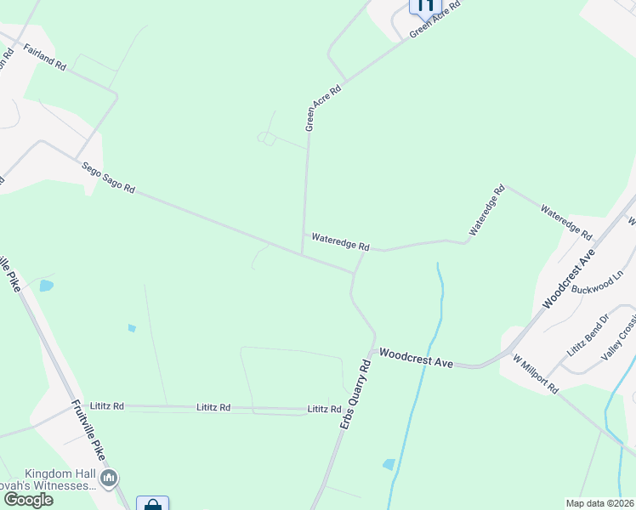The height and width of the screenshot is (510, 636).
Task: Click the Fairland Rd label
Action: (x=45, y=58)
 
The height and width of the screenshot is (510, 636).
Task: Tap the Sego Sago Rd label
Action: (x=108, y=178)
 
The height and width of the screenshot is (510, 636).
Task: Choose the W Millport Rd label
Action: (x=535, y=375)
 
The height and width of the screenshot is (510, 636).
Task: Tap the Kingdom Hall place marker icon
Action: (x=109, y=479)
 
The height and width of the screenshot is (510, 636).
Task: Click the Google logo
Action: (x=27, y=500)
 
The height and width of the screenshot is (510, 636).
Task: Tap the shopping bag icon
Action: (x=152, y=505)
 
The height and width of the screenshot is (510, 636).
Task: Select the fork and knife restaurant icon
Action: (x=423, y=5)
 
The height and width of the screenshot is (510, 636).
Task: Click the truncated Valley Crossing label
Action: (x=619, y=340)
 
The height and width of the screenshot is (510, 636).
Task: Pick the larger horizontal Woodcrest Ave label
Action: (x=416, y=357)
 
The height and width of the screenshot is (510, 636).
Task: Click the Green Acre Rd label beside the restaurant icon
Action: (x=434, y=19)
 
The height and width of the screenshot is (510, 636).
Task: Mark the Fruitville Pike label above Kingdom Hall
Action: (x=88, y=431)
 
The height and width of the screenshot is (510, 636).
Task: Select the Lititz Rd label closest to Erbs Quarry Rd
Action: (x=324, y=409)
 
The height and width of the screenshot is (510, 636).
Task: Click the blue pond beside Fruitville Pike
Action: (x=45, y=286)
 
